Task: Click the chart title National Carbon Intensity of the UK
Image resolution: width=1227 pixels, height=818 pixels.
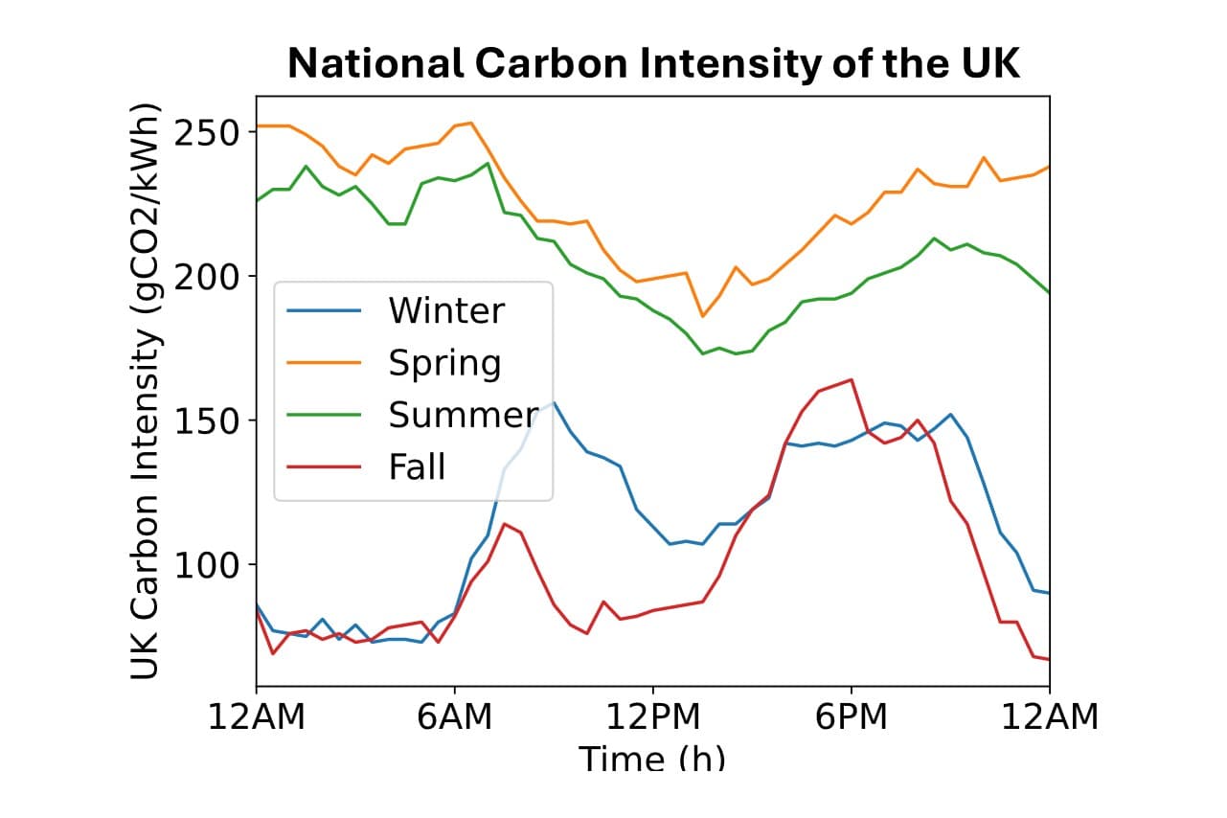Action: coord(654,63)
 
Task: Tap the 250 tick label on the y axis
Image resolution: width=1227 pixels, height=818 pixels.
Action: coord(205,131)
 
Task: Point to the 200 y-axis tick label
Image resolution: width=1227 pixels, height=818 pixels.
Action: coord(205,276)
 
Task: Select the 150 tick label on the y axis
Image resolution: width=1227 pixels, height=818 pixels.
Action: coord(205,420)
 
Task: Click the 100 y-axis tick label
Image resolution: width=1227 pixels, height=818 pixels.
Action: coord(205,565)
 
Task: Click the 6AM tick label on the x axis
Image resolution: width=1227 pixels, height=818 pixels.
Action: coord(454,716)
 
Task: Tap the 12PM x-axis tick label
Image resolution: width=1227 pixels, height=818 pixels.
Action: coord(653,716)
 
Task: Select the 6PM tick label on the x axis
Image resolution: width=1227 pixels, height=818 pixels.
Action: coord(852,716)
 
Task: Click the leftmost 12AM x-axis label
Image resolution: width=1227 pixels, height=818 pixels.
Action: coord(257,716)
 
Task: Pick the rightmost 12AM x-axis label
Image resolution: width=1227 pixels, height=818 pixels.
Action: coord(1050,716)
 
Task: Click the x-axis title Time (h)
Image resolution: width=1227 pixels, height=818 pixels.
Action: coord(653,758)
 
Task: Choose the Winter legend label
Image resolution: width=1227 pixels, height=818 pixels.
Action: coord(445,310)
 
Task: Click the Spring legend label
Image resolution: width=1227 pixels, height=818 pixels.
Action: coord(444,363)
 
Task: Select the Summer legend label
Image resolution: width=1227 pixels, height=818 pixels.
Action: coord(463,415)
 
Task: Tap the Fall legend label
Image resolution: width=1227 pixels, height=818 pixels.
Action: coord(417,467)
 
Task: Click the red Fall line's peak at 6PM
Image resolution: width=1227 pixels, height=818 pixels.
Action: coord(852,379)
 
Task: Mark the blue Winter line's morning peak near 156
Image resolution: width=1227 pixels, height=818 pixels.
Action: coord(553,402)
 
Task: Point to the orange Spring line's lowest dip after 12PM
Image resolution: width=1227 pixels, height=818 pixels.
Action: coord(702,316)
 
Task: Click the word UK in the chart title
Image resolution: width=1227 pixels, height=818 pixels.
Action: coord(986,63)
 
